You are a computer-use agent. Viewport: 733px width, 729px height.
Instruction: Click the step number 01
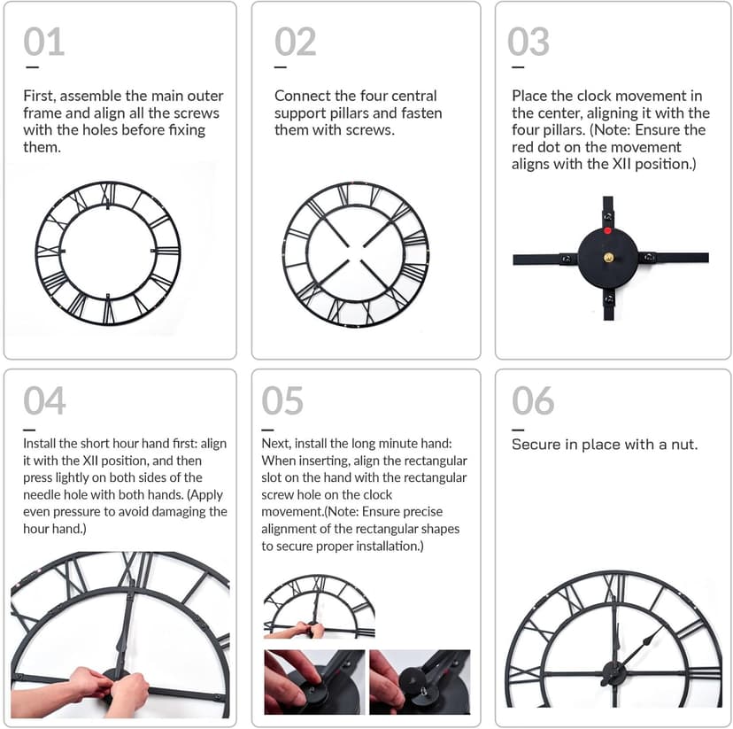[43, 43]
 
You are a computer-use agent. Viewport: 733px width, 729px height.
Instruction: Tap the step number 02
[295, 43]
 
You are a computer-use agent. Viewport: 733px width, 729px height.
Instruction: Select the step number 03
[529, 43]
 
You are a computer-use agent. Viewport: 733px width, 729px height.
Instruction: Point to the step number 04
[44, 401]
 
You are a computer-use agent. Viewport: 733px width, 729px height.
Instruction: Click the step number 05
[282, 401]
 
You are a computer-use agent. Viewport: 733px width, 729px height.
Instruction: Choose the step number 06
[533, 401]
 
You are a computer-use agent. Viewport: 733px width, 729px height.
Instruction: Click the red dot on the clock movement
[608, 231]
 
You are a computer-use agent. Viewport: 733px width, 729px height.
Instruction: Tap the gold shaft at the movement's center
[608, 258]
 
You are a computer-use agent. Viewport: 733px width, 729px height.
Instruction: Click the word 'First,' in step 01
[42, 96]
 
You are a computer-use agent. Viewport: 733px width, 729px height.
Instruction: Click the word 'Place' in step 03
[531, 96]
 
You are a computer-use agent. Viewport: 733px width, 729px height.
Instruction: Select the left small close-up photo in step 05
[313, 682]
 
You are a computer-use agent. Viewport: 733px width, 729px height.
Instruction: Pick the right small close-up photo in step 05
[421, 682]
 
